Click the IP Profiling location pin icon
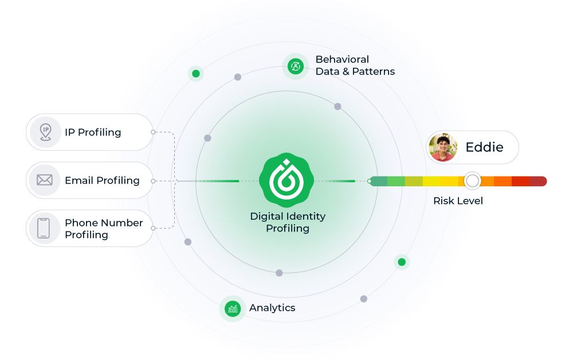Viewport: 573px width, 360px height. point(45,132)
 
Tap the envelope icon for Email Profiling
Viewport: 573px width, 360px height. point(45,180)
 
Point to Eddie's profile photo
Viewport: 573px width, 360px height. point(442,147)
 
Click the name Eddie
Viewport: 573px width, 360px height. point(484,147)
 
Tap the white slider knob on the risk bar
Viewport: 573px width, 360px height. point(472,181)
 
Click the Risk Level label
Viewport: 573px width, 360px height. point(458,201)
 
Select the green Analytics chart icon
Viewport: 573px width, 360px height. point(233,308)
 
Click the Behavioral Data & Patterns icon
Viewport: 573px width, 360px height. point(296,66)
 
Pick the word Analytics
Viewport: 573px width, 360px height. point(272,308)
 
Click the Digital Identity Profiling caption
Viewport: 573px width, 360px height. point(288,222)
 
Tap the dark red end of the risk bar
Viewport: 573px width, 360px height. point(538,181)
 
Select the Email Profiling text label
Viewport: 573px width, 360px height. point(102,181)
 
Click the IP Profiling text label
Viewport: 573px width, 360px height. point(93,132)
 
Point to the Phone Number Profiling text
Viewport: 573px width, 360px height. point(104,229)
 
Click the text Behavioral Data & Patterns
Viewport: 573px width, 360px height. point(355,65)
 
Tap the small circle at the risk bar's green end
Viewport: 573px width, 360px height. point(370,181)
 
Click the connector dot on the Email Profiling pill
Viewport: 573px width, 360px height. point(153,181)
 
